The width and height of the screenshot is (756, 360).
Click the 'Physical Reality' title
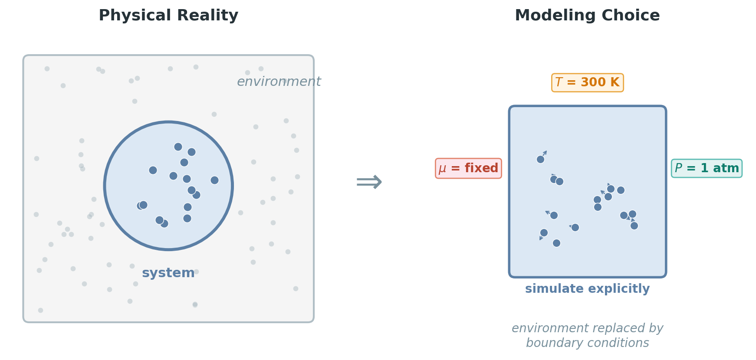168,16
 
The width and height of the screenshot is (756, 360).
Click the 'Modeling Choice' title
587,16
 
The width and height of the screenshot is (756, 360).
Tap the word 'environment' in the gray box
279,82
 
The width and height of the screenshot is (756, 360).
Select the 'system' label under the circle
168,273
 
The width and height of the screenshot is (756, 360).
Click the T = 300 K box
587,82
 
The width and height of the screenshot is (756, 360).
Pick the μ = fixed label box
468,168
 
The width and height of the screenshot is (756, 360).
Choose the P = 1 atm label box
707,168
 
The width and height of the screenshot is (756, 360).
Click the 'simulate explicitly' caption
587,289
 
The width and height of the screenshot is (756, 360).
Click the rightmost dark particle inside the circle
214,180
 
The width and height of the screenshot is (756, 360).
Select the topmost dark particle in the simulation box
540,159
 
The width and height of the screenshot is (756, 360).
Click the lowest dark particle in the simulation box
556,243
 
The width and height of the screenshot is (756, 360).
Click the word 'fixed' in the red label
481,168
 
